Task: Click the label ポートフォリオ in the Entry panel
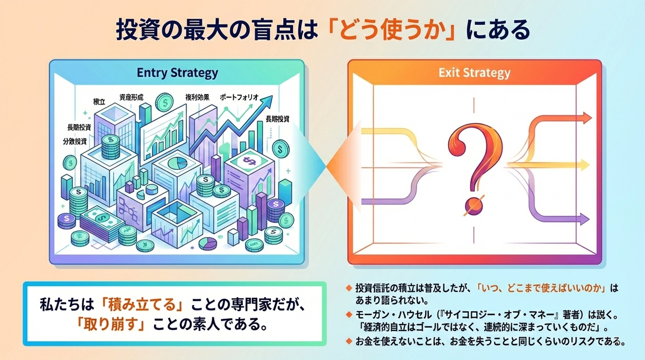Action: tap(240, 97)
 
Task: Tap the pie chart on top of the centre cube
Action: tap(179, 163)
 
